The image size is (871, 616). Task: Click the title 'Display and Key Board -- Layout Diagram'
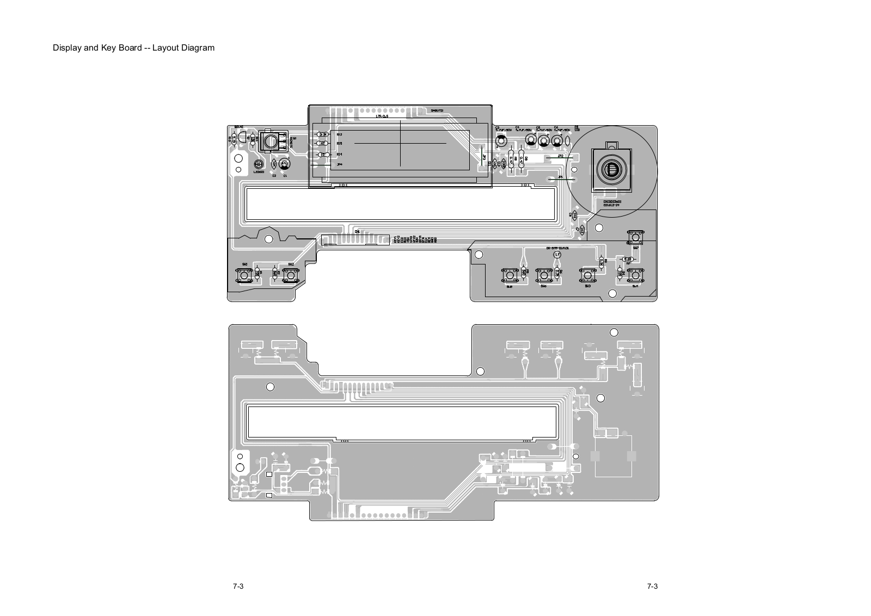point(133,48)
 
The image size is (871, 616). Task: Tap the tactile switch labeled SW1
point(244,275)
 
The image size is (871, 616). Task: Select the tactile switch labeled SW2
point(291,275)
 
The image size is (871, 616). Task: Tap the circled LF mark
point(557,254)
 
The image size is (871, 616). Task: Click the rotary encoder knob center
point(611,169)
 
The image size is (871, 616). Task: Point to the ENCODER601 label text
point(612,201)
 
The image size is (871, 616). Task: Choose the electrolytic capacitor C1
point(284,164)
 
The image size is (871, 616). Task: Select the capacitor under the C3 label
point(501,141)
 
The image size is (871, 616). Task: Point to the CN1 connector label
point(357,231)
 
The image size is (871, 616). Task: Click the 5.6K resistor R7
point(628,259)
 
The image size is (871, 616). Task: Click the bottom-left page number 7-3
point(237,586)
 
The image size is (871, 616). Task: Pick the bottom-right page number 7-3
point(652,586)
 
